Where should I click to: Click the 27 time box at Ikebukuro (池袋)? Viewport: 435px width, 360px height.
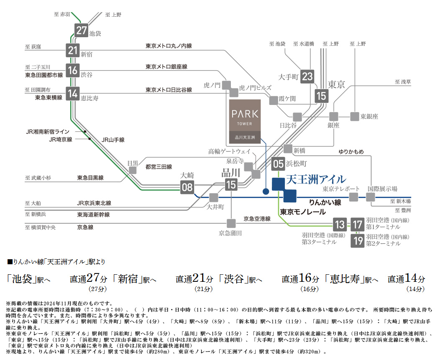click(x=81, y=30)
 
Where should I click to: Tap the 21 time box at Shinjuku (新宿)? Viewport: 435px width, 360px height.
click(x=73, y=50)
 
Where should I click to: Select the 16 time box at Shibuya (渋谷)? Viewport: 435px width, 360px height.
click(x=73, y=70)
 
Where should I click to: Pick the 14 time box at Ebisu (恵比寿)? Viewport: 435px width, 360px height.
click(x=73, y=94)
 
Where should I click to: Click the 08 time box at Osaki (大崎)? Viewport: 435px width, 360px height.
click(x=187, y=187)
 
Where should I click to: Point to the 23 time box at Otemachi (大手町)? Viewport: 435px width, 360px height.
click(x=307, y=76)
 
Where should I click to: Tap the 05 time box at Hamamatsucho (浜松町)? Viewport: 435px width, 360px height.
click(x=278, y=163)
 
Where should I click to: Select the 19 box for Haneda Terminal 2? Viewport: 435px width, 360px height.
click(x=358, y=240)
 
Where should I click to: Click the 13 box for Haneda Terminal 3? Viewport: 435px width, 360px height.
click(x=340, y=225)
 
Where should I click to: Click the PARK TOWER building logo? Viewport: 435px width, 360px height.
click(x=245, y=122)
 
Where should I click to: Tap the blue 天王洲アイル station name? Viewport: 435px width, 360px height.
click(x=316, y=179)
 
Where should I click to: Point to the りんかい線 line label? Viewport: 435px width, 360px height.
click(x=325, y=202)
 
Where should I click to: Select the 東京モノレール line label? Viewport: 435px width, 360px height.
click(x=303, y=212)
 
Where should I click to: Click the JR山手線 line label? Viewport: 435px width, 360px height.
click(x=113, y=140)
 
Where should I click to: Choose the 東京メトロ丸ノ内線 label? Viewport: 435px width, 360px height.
click(x=169, y=46)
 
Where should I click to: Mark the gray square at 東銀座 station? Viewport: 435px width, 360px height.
click(x=355, y=117)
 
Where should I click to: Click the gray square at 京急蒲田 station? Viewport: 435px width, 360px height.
click(x=231, y=223)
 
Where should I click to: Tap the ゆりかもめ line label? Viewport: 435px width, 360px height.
click(x=351, y=152)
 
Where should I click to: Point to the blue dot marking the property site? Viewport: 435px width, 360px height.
click(x=266, y=191)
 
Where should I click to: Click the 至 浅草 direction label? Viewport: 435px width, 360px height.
click(x=402, y=82)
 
